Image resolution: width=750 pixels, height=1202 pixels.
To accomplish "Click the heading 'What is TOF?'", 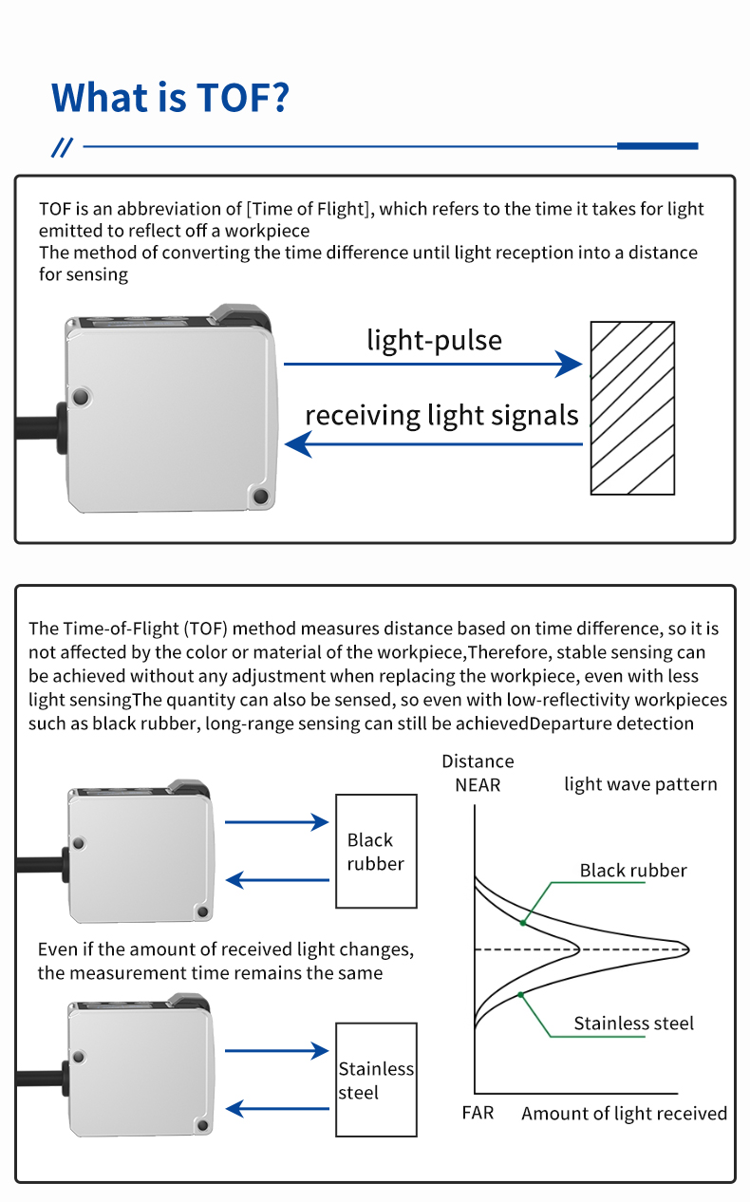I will pyautogui.click(x=170, y=98).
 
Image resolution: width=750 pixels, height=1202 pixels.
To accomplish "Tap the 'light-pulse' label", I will pyautogui.click(x=434, y=340).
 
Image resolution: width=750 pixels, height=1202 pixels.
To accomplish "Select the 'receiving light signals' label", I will pyautogui.click(x=441, y=415).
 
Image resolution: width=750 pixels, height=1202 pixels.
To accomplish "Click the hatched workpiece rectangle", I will pyautogui.click(x=632, y=407).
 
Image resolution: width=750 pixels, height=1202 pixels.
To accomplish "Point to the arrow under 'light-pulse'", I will pyautogui.click(x=432, y=364).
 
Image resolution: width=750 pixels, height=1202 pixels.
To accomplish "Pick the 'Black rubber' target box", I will pyautogui.click(x=376, y=851).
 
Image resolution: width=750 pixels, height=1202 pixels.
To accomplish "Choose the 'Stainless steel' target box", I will pyautogui.click(x=376, y=1080).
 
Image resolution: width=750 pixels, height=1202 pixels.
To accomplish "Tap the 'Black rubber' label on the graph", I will pyautogui.click(x=633, y=871).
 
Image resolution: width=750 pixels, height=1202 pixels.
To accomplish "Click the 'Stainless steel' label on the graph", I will pyautogui.click(x=633, y=1024).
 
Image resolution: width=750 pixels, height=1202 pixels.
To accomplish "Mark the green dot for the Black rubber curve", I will pyautogui.click(x=523, y=921).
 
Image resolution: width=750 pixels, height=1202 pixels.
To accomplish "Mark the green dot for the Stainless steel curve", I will pyautogui.click(x=520, y=994).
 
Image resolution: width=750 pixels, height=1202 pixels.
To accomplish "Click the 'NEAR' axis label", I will pyautogui.click(x=477, y=785).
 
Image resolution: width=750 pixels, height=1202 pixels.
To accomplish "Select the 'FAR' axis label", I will pyautogui.click(x=478, y=1112).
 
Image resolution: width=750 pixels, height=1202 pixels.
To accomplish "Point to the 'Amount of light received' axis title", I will pyautogui.click(x=624, y=1114).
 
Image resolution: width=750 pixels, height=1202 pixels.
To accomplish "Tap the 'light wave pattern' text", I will pyautogui.click(x=641, y=784).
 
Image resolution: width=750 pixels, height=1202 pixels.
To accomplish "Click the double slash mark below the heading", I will pyautogui.click(x=62, y=147).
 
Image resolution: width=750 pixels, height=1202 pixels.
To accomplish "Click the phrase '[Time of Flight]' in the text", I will pyautogui.click(x=308, y=209).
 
